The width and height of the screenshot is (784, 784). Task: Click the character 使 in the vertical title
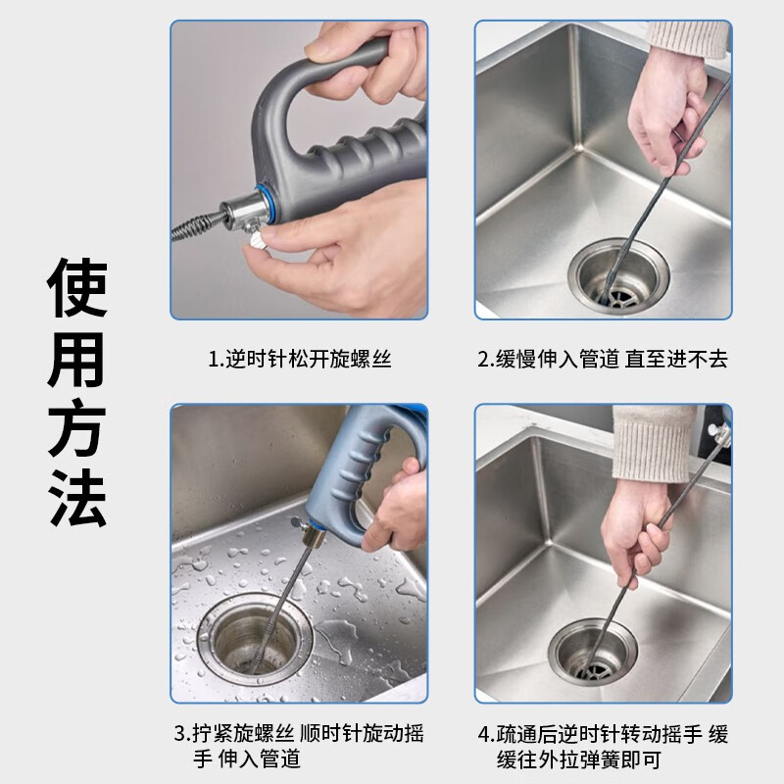click(77, 287)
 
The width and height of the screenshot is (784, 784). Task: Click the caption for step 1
click(300, 359)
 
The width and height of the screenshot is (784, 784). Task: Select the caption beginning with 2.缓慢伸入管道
click(603, 359)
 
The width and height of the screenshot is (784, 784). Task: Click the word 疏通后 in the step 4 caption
click(522, 734)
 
